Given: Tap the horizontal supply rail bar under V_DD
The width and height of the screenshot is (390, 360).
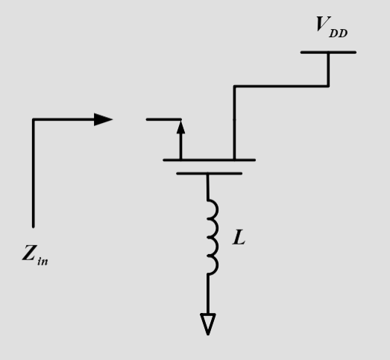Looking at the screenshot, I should [328, 52].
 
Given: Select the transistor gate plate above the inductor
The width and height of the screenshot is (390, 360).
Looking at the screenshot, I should [209, 173].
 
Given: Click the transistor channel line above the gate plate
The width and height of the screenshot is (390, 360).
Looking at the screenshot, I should [209, 160].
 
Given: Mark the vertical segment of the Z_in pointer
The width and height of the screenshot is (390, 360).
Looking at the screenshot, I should [34, 171].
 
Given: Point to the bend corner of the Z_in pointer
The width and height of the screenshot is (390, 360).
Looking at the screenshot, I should [34, 120].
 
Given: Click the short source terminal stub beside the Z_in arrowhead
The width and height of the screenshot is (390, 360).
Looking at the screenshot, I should [163, 119].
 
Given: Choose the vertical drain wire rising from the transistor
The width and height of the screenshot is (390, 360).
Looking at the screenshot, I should [234, 123].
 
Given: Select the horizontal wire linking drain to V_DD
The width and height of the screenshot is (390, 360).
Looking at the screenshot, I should [281, 86].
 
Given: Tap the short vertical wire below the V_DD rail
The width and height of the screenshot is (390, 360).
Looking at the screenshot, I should [328, 69].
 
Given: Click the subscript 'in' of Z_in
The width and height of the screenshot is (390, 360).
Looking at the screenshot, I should [44, 262].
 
